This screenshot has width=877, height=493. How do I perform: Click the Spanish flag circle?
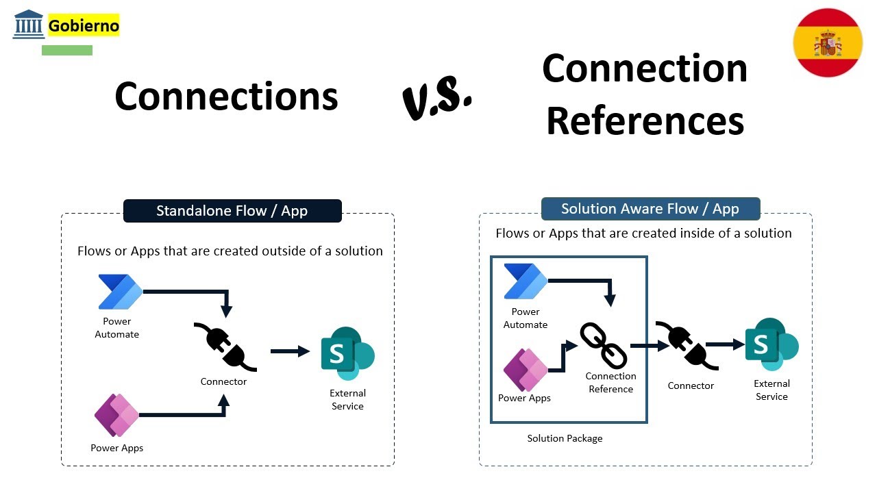[828, 42]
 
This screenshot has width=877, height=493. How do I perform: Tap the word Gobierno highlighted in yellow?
[84, 25]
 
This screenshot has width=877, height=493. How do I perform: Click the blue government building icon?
[29, 24]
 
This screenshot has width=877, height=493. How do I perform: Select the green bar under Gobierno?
[67, 51]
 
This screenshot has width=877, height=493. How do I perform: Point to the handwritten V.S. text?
[437, 98]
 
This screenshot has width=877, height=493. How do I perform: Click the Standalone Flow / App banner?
[232, 211]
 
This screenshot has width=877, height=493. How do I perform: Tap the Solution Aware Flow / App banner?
[651, 209]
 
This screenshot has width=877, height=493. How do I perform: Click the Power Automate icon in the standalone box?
[120, 292]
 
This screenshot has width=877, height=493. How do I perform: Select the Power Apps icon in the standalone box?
[116, 415]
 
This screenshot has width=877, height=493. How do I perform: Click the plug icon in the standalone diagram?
[225, 347]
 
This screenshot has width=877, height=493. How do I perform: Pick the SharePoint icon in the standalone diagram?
[347, 354]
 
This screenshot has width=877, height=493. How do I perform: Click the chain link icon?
[604, 346]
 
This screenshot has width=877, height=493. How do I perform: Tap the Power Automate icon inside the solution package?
[526, 281]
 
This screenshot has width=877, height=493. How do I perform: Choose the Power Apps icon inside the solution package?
[526, 370]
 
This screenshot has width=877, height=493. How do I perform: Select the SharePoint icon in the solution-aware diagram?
[771, 344]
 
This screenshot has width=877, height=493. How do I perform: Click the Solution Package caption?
[565, 438]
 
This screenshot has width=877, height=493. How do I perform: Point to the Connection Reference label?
[610, 382]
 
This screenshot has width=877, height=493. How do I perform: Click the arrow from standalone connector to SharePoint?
[290, 351]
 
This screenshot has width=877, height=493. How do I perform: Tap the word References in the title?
[645, 121]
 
